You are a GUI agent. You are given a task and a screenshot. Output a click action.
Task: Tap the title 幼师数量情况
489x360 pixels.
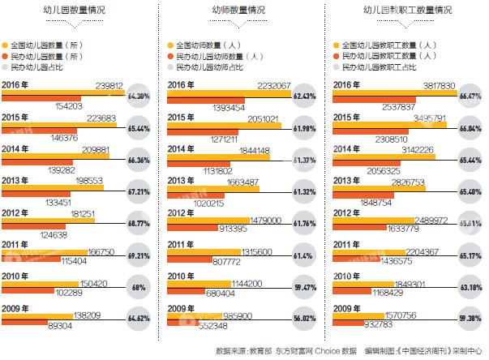[239, 11]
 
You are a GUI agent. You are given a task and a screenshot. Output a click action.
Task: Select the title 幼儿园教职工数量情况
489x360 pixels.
[403, 11]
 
